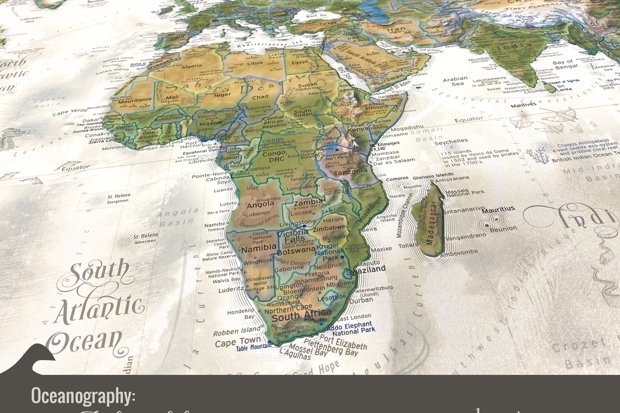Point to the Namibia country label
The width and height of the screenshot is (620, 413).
click(259, 247)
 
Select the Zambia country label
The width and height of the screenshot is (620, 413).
click(308, 202)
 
